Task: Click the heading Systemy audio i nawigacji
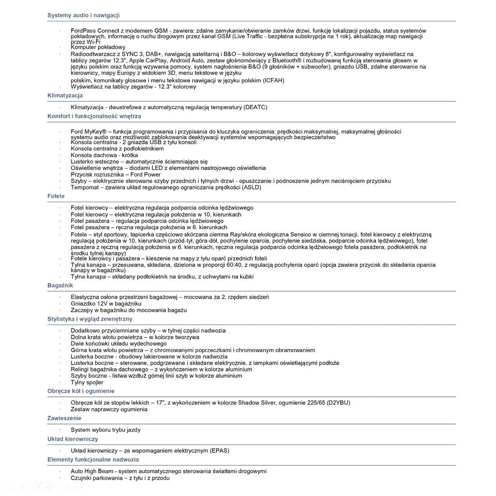pos(83,15)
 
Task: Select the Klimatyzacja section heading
pos(65,95)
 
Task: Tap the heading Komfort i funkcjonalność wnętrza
pos(94,116)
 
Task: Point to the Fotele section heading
pos(56,196)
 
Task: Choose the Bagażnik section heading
pos(61,286)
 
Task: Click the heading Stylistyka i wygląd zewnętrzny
pos(90,318)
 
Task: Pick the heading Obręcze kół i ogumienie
pos(81,391)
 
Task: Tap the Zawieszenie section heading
pos(65,418)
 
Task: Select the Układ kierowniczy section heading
pos(72,439)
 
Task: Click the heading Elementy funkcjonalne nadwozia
pos(93,460)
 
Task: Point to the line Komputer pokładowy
pos(98,47)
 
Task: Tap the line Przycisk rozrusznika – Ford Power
pos(116,175)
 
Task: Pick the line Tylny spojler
pos(87,382)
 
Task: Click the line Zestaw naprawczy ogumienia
pos(109,409)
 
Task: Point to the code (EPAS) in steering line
pos(219,450)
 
